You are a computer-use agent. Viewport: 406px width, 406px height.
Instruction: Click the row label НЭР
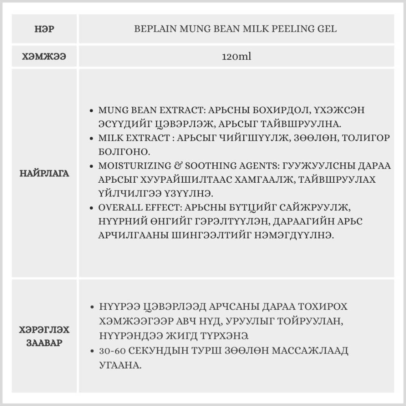pyautogui.click(x=45, y=29)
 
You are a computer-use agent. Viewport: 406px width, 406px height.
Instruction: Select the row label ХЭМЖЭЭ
pyautogui.click(x=45, y=56)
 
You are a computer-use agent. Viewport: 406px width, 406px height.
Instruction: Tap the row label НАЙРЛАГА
pyautogui.click(x=45, y=173)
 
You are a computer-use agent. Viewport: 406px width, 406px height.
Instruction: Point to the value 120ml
pyautogui.click(x=236, y=56)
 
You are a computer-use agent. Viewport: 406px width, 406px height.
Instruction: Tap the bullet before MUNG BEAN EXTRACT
pyautogui.click(x=93, y=111)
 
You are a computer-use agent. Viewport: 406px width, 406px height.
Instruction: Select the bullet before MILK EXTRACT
pyautogui.click(x=93, y=138)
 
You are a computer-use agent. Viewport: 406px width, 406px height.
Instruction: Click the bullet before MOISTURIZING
pyautogui.click(x=93, y=166)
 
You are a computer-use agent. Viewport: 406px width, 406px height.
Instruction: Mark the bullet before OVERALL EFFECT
pyautogui.click(x=93, y=208)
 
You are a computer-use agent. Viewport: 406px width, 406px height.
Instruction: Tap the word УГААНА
pyautogui.click(x=120, y=365)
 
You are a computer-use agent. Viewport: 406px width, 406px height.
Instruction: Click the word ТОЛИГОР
pyautogui.click(x=366, y=138)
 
